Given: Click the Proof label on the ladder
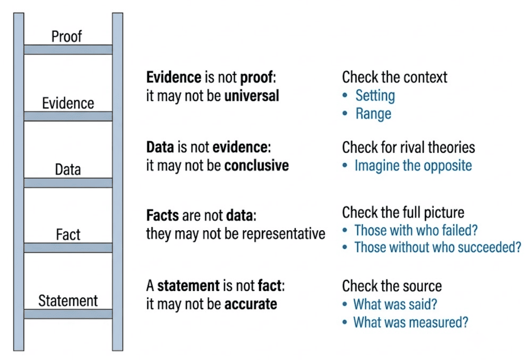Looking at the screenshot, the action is click(x=67, y=36).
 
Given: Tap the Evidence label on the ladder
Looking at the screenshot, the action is click(x=68, y=103).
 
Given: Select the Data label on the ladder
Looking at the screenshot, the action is click(x=68, y=169).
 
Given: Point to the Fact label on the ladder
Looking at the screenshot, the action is click(x=68, y=234).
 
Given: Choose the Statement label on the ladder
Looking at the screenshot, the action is click(x=68, y=300).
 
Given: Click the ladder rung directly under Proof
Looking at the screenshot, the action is click(x=68, y=50).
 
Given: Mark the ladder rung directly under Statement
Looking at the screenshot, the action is click(x=68, y=314).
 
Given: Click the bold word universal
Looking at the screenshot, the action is click(x=252, y=96).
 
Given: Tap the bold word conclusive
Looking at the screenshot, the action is click(x=257, y=165).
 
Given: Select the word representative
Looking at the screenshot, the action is click(x=284, y=234).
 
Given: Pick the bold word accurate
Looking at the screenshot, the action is click(x=251, y=304).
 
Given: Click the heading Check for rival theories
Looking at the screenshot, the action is click(x=408, y=147).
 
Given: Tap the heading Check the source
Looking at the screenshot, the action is click(x=392, y=286).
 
